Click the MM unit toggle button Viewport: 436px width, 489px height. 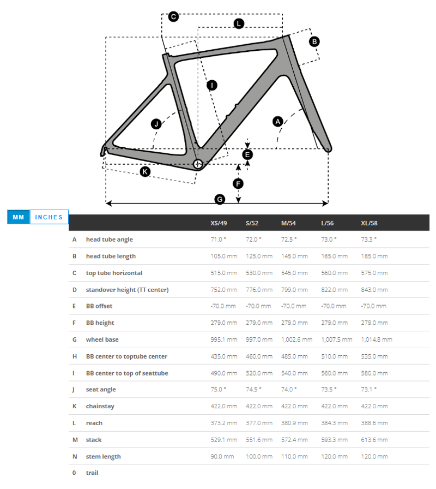click(19, 217)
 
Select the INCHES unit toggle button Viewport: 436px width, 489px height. click(49, 217)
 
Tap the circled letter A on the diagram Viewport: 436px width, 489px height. click(277, 122)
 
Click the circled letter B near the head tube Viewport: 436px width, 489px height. click(314, 41)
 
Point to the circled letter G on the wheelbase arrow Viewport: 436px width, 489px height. click(220, 200)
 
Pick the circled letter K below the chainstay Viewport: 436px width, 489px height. click(145, 172)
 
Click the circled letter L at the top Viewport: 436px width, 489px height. click(239, 23)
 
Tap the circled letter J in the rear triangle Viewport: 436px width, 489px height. click(156, 124)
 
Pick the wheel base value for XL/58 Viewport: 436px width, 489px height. click(377, 339)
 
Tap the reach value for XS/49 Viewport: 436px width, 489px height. click(224, 423)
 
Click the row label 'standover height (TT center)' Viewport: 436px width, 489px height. click(127, 290)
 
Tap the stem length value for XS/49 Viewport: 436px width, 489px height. click(222, 457)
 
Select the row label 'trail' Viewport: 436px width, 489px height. click(92, 473)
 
